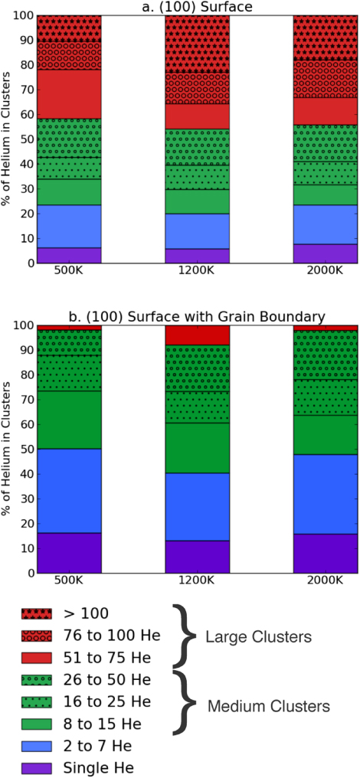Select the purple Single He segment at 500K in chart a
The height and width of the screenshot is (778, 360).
point(69,255)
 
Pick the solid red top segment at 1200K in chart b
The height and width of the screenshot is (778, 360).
point(198,335)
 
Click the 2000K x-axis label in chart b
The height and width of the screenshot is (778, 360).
point(326,580)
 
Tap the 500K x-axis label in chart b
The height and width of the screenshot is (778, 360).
point(69,580)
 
